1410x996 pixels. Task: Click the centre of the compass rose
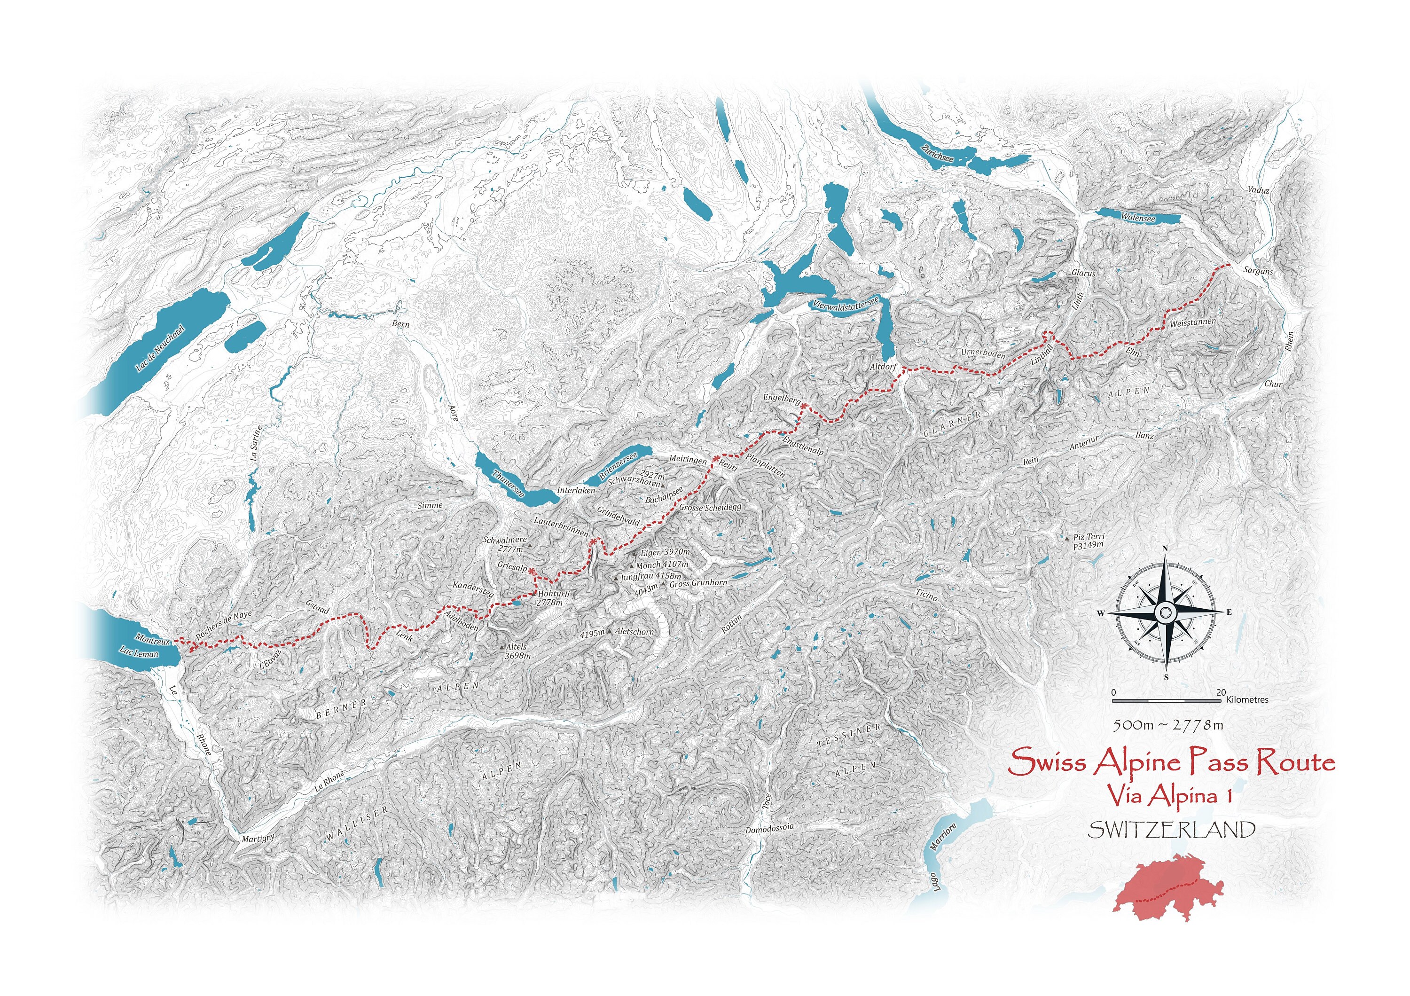tap(1165, 612)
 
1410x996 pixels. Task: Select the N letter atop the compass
tap(1165, 549)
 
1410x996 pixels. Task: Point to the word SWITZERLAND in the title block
tap(1171, 830)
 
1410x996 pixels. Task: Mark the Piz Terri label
tap(1089, 541)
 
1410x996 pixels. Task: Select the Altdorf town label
tap(884, 367)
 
